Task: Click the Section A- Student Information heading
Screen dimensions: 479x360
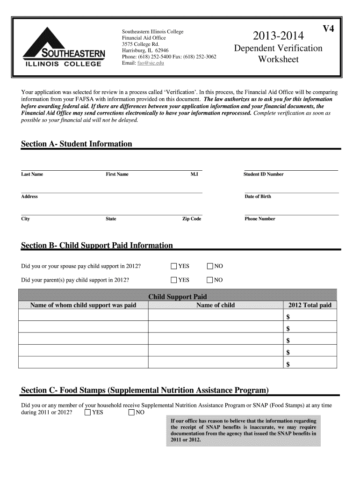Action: [x=77, y=144]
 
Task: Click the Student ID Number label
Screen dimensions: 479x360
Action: [x=263, y=174]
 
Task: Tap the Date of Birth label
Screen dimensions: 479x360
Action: [x=258, y=196]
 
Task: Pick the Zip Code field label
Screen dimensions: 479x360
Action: [x=192, y=219]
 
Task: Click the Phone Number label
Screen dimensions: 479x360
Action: [x=260, y=219]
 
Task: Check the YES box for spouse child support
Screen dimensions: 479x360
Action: [x=174, y=267]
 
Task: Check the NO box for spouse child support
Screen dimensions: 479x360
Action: [x=210, y=267]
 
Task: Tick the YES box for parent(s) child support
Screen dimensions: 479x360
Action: [x=174, y=280]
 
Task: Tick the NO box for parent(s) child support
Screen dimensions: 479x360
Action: [x=210, y=280]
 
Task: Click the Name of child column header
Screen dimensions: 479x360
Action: [x=215, y=305]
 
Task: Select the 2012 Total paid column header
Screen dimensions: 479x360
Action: [x=310, y=305]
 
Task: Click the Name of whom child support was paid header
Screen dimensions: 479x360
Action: [x=83, y=305]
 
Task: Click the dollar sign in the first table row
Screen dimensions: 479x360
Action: [x=288, y=318]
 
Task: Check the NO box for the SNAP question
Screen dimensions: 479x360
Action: [x=131, y=413]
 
